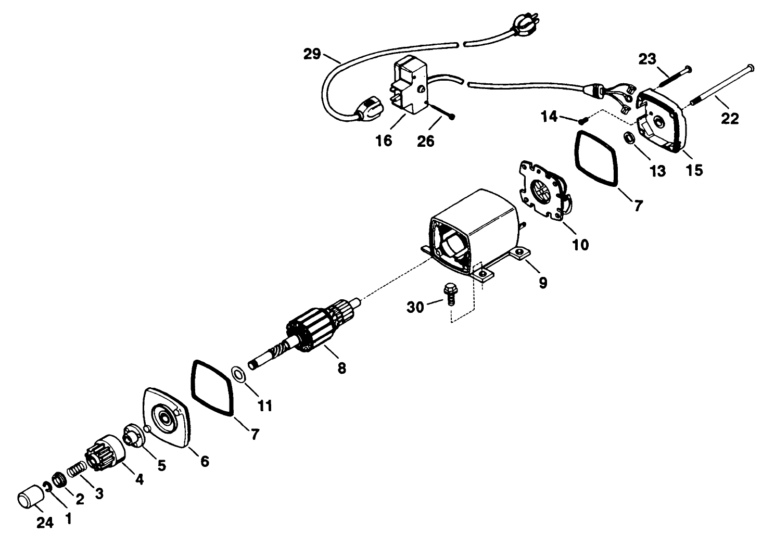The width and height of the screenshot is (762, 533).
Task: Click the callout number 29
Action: pos(312,54)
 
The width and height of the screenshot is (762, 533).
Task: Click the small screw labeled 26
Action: pos(442,112)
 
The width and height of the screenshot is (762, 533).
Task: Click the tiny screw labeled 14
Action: pos(580,121)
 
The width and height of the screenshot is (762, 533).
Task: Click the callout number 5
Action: pos(162,465)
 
